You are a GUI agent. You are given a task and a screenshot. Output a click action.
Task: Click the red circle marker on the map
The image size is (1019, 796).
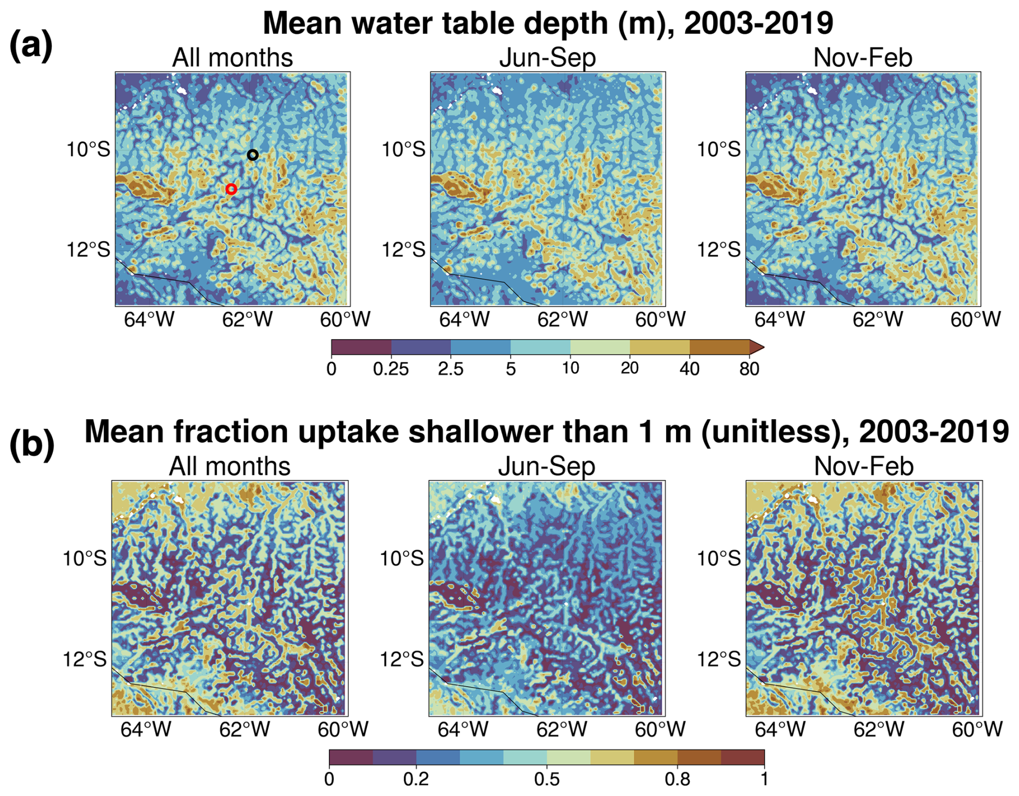[x=231, y=189]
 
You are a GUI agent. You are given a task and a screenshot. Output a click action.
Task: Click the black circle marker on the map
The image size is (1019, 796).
[x=253, y=155]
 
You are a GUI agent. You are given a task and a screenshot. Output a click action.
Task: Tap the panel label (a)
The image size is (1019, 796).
[x=31, y=45]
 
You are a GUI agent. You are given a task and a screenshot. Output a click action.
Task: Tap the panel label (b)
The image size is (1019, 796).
[x=32, y=445]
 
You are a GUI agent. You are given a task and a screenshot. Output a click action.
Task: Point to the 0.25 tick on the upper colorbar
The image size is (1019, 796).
[x=391, y=369]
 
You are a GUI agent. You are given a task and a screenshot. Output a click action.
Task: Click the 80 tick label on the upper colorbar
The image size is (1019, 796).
[x=749, y=369]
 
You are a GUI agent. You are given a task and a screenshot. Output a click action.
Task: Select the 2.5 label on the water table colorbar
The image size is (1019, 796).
[x=451, y=369]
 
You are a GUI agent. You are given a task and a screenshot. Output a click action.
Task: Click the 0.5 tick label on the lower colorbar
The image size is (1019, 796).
[x=547, y=779]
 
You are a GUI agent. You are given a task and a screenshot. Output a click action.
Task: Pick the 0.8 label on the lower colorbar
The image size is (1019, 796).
[x=677, y=779]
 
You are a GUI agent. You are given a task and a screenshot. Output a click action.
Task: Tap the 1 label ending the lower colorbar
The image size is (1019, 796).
[x=764, y=779]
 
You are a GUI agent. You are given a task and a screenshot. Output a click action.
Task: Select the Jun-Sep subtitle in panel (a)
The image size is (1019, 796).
[x=547, y=58]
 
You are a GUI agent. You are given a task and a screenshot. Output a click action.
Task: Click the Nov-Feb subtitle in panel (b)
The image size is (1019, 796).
[x=863, y=466]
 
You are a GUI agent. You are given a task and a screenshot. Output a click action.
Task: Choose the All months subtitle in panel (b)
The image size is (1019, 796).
[x=229, y=466]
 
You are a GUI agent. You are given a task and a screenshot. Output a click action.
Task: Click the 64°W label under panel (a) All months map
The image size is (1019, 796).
[x=149, y=320]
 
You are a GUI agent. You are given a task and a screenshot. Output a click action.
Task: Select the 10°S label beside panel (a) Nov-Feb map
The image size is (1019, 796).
[x=719, y=149]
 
